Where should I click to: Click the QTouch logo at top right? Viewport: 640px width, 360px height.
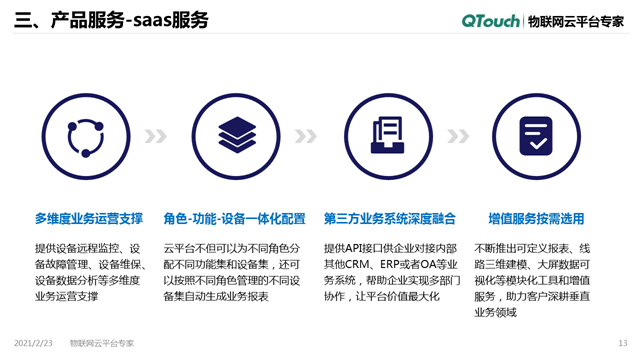pyautogui.click(x=491, y=21)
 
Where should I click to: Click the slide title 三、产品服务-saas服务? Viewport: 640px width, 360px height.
pyautogui.click(x=111, y=21)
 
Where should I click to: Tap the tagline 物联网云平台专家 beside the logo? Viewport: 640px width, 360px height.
pyautogui.click(x=575, y=21)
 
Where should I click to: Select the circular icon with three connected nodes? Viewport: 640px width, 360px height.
pyautogui.click(x=87, y=137)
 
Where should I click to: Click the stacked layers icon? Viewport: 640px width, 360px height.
pyautogui.click(x=237, y=137)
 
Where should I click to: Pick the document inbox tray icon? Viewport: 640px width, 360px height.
pyautogui.click(x=386, y=137)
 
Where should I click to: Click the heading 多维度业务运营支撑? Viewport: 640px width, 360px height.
pyautogui.click(x=88, y=218)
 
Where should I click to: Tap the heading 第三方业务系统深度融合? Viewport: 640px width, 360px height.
pyautogui.click(x=389, y=218)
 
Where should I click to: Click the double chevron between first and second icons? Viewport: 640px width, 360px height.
pyautogui.click(x=156, y=137)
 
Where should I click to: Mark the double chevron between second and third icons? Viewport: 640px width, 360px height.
pyautogui.click(x=306, y=137)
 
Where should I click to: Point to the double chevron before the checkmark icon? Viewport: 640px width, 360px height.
pyautogui.click(x=457, y=137)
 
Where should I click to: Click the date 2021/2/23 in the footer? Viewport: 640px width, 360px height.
pyautogui.click(x=34, y=343)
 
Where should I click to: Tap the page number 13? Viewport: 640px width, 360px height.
pyautogui.click(x=622, y=343)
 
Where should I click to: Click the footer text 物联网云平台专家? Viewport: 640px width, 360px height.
pyautogui.click(x=102, y=343)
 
